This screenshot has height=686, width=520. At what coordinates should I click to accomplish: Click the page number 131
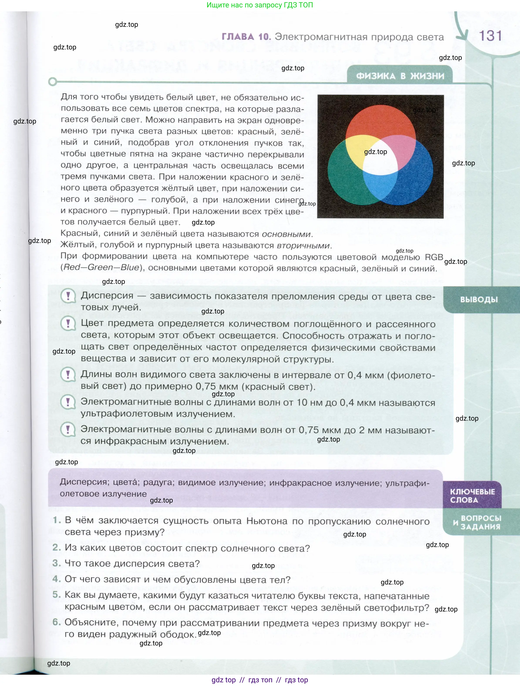[x=490, y=36]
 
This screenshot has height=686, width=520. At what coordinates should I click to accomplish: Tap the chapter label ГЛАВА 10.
[x=246, y=37]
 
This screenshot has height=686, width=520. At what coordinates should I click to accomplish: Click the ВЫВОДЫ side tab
[x=479, y=300]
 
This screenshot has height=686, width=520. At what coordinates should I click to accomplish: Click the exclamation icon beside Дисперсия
[x=68, y=296]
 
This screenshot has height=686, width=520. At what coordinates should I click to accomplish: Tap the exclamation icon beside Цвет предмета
[x=68, y=324]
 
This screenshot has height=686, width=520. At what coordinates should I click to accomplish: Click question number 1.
[x=56, y=520]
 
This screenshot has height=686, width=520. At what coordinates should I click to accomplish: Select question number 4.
[x=56, y=579]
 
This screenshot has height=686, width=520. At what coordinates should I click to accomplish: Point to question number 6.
[x=56, y=622]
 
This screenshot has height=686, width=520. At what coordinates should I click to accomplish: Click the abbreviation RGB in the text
[x=434, y=257]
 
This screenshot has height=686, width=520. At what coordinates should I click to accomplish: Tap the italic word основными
[x=286, y=234]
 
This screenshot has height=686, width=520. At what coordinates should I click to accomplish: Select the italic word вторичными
[x=303, y=246]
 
